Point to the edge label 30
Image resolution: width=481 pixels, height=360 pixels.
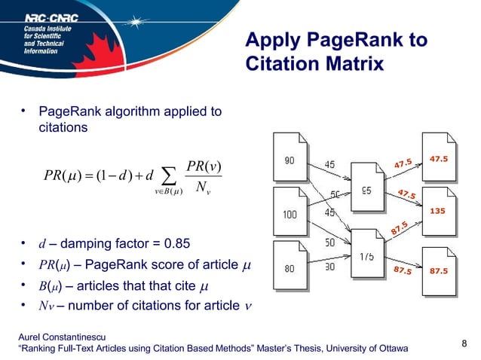(x=330, y=266)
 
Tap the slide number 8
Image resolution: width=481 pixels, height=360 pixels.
(x=464, y=345)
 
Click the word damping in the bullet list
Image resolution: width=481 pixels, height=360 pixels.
(x=85, y=243)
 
